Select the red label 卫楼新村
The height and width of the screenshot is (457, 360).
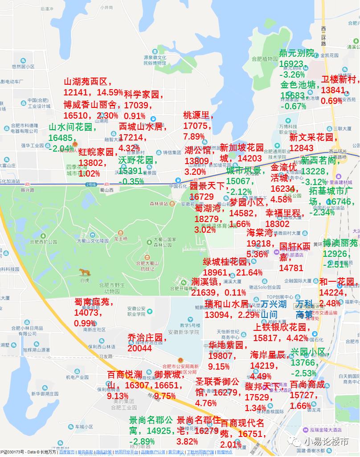point(339,80)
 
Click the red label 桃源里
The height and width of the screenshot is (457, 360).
point(196,115)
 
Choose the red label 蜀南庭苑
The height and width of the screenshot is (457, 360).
point(94,302)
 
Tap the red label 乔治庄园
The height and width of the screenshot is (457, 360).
point(147,338)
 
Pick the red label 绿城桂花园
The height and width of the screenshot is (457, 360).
point(225,262)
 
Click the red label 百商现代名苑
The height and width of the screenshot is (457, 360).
point(242,428)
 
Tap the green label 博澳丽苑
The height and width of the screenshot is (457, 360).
point(340,243)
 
